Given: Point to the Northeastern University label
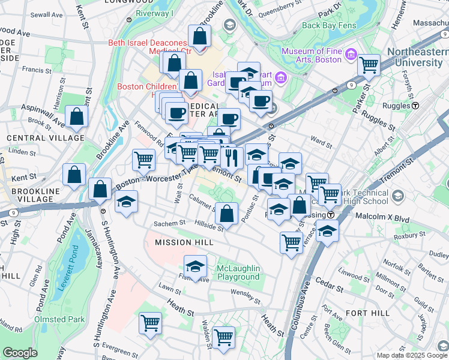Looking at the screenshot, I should tap(417, 57).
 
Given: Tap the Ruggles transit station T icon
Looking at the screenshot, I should tap(415, 106).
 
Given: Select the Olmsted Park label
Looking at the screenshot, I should tap(59, 319).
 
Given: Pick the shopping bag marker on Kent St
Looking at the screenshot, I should tap(73, 175).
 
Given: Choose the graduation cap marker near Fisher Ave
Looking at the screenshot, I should tap(195, 266).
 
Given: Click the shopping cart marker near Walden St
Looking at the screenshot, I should tap(223, 337).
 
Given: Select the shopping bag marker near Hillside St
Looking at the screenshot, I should tap(227, 213).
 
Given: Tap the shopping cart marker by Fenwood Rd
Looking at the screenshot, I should tap(144, 159).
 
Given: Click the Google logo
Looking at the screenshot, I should tap(20, 353).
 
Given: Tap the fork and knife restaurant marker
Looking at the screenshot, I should tap(232, 158).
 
